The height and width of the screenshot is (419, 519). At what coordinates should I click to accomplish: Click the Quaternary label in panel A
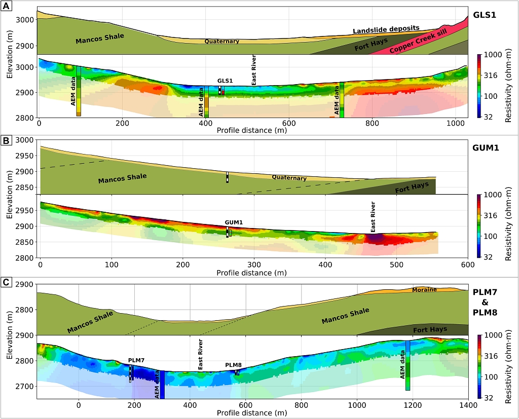point(221,42)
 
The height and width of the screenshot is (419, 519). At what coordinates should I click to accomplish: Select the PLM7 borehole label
point(136,360)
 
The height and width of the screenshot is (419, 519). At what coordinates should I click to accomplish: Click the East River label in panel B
point(373,217)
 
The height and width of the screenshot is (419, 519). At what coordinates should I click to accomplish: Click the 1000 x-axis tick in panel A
point(455,124)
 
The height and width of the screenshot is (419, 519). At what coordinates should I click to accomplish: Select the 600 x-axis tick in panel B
point(467,264)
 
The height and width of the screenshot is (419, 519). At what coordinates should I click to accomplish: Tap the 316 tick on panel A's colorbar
point(492,75)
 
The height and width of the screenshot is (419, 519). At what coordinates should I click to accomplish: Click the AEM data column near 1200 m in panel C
point(407,365)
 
